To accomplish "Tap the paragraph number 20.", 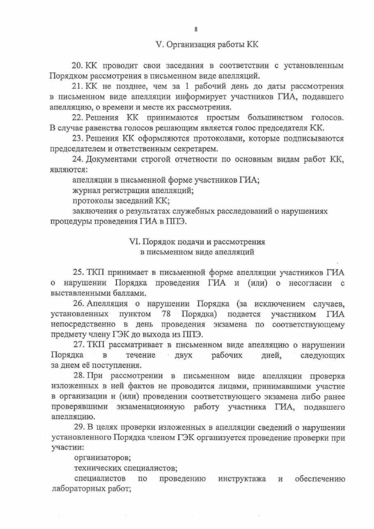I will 77,64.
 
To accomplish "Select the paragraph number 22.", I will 77,117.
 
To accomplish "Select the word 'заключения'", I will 96,211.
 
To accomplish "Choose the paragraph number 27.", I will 77,344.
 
